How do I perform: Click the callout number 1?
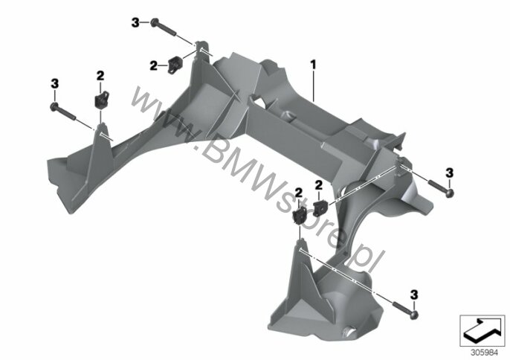click(313, 65)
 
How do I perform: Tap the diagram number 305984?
click(480, 353)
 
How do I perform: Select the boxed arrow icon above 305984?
click(482, 331)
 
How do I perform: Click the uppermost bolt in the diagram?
click(164, 27)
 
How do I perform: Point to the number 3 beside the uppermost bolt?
click(135, 23)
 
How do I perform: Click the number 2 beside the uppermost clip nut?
click(153, 65)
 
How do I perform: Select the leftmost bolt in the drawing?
click(62, 111)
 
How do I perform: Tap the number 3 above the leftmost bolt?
click(55, 83)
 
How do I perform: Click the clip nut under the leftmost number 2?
click(101, 99)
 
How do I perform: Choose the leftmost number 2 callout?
click(100, 76)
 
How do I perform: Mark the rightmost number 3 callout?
click(449, 173)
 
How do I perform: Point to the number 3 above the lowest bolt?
click(413, 295)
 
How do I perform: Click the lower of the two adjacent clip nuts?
click(299, 215)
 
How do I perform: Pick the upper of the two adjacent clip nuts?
click(320, 207)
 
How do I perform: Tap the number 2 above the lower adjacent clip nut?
click(298, 193)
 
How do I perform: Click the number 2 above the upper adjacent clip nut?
click(318, 185)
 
